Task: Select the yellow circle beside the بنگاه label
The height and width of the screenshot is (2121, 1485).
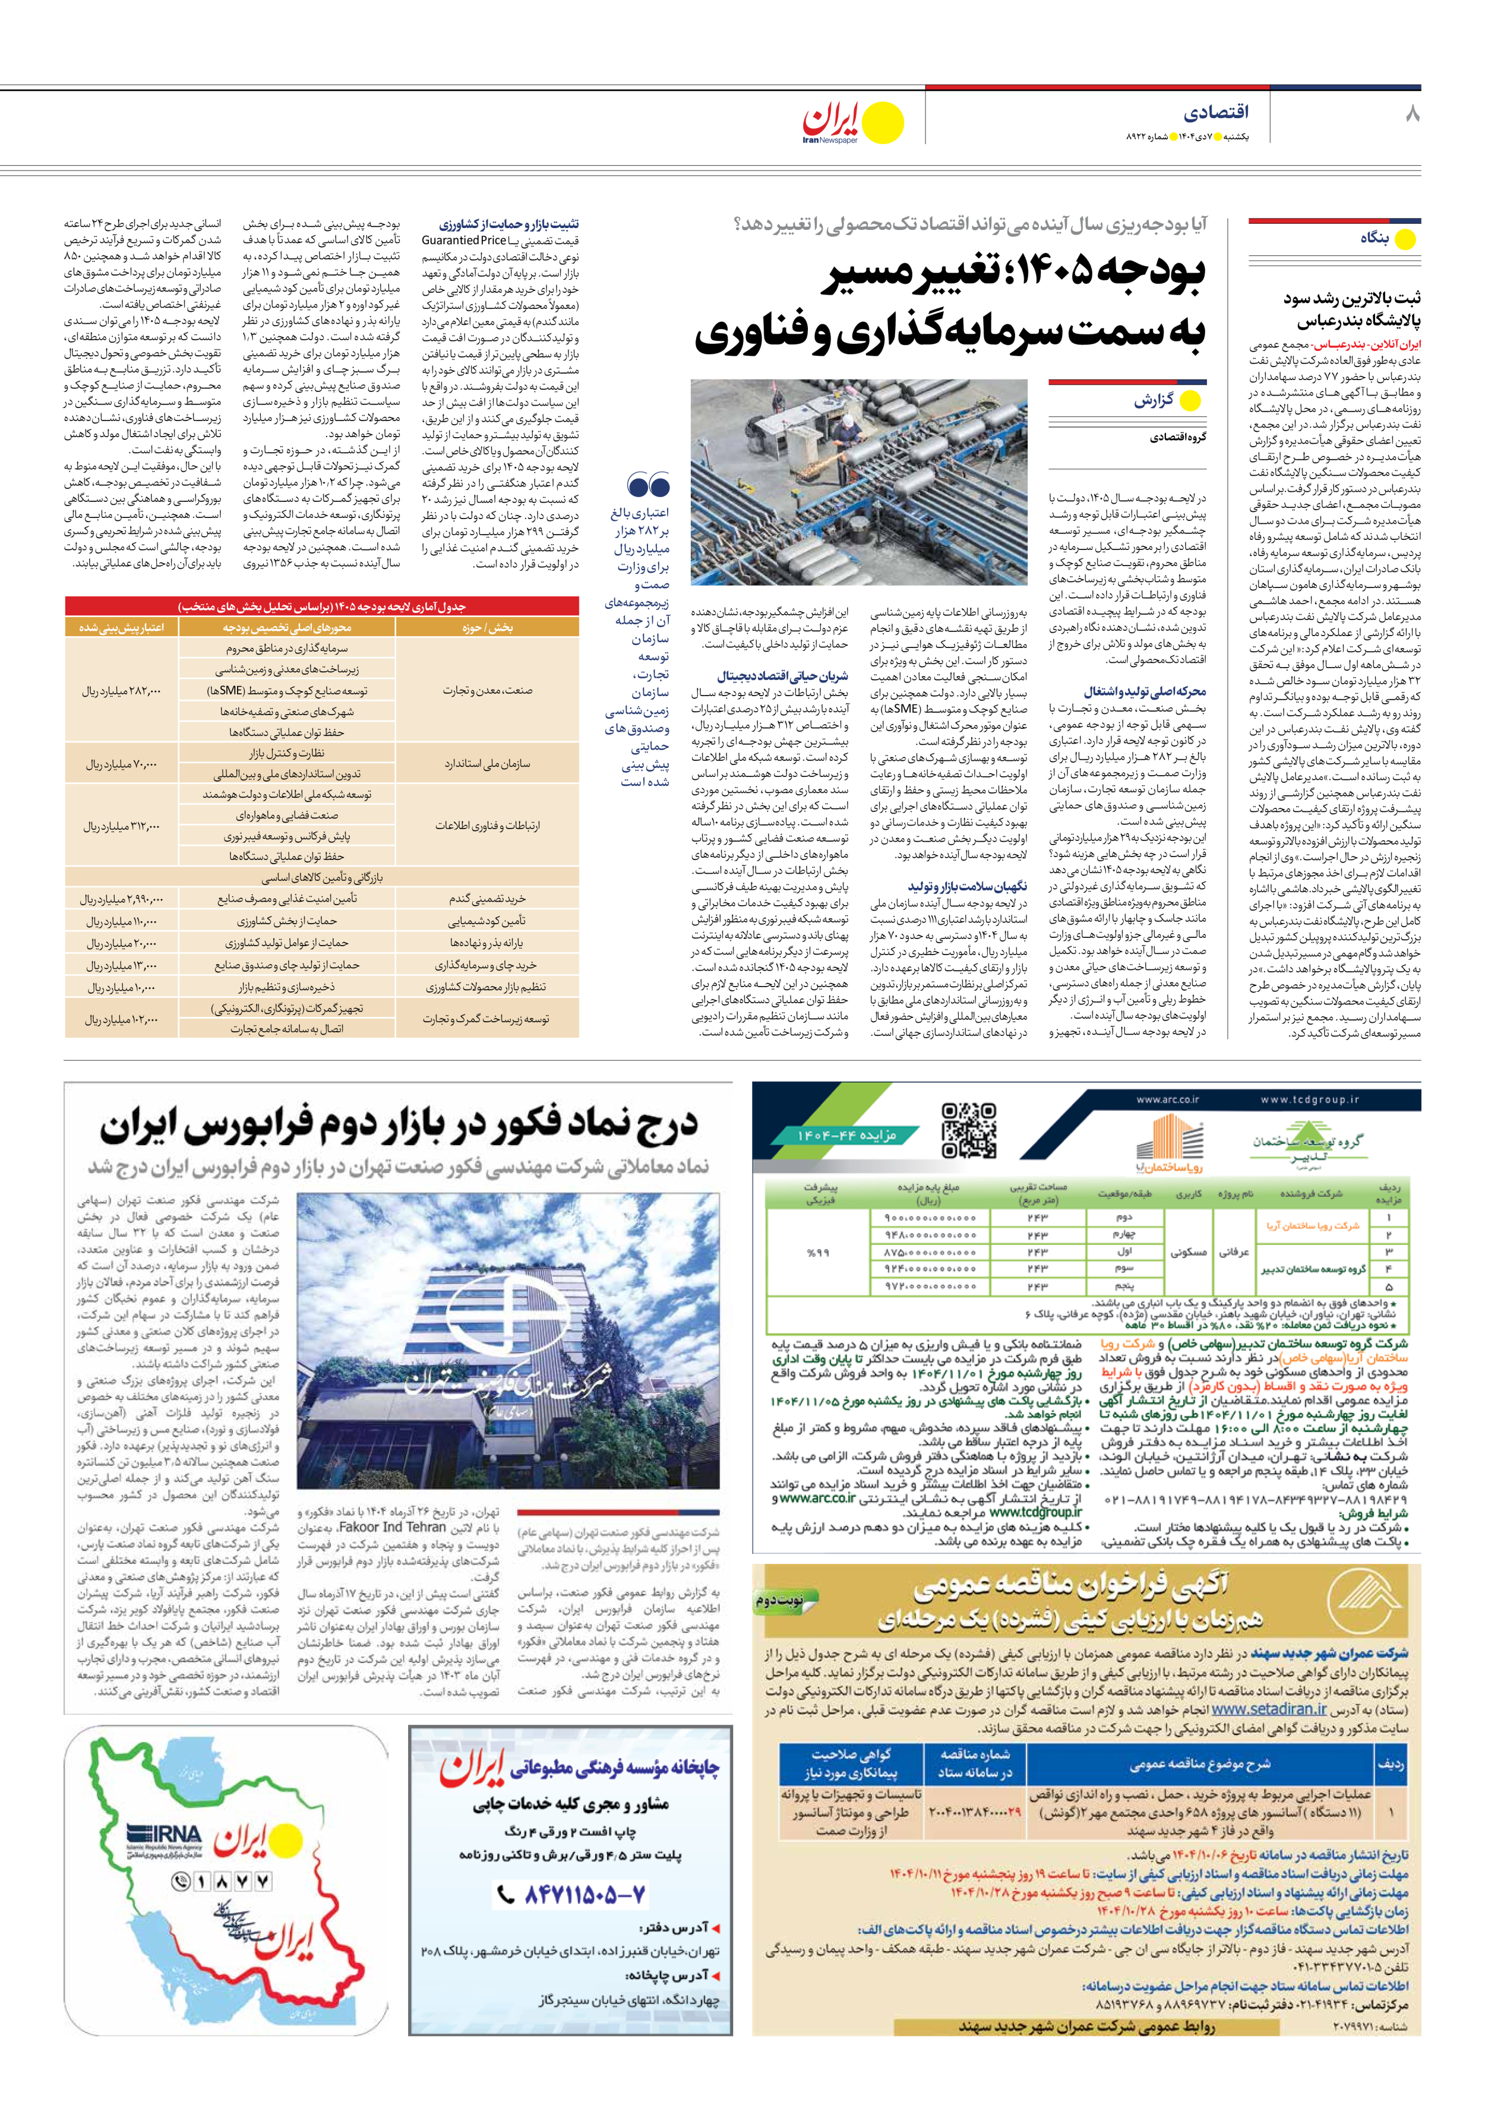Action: pos(1405,239)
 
